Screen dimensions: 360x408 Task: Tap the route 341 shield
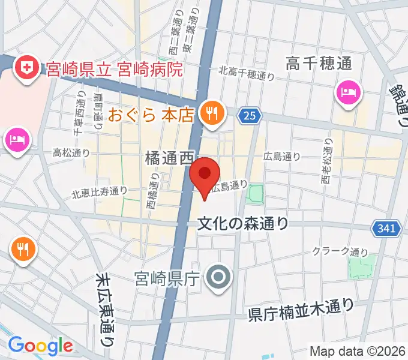[384, 228]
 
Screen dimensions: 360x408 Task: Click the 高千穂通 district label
[318, 63]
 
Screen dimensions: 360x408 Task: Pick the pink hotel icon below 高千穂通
[348, 92]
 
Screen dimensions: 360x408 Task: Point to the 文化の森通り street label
[244, 224]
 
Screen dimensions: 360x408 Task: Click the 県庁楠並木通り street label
[301, 310]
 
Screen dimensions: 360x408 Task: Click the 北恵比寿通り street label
[100, 192]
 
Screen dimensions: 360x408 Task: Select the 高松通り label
[71, 153]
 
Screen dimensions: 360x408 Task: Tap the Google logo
[40, 346]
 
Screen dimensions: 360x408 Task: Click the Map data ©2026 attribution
[358, 351]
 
